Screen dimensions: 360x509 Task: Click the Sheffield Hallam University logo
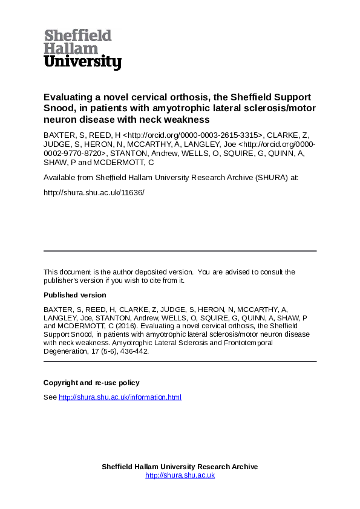tap(82, 49)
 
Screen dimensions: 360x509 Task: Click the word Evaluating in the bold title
tap(67, 97)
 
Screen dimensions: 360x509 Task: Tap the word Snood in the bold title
tap(57, 108)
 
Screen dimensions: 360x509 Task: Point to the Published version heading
tap(74, 295)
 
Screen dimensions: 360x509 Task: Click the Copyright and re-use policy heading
tap(91, 382)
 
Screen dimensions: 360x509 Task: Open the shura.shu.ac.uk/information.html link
tap(120, 397)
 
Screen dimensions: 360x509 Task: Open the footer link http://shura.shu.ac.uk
tap(180, 475)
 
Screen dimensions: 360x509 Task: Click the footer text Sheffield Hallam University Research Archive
tap(180, 467)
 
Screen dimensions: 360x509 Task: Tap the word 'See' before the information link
tap(50, 397)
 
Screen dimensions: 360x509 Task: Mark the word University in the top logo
tap(82, 62)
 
